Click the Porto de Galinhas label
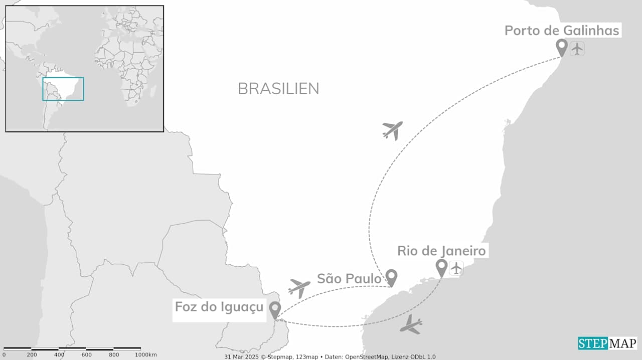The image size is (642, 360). pos(562,31)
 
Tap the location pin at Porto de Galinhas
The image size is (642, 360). pos(562,47)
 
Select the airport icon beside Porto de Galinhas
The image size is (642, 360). pos(577,49)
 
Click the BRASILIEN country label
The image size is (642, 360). pos(278,89)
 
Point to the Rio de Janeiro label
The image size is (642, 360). pos(442,251)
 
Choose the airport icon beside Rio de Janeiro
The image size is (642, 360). pos(456,268)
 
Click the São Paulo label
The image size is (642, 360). pos(349,278)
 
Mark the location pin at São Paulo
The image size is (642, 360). pos(391,276)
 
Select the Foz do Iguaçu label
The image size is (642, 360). pos(219,306)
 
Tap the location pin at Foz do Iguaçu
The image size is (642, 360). pos(274,309)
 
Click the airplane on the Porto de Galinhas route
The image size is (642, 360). pos(392,130)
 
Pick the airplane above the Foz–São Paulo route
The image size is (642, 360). pos(299,288)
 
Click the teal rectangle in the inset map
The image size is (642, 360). pos(63,89)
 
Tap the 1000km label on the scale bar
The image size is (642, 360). pos(145,355)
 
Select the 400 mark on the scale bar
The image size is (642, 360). pos(59,355)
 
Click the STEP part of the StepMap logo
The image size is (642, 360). pos(593,343)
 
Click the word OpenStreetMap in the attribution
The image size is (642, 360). pos(367,356)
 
